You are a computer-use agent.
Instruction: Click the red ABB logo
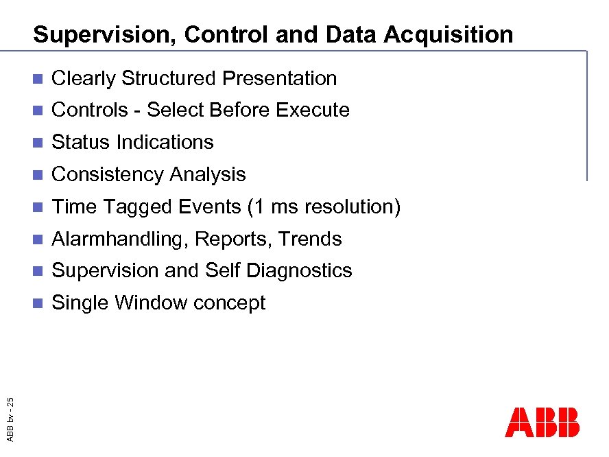tap(542, 423)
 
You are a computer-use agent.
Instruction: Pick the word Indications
tap(165, 143)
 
